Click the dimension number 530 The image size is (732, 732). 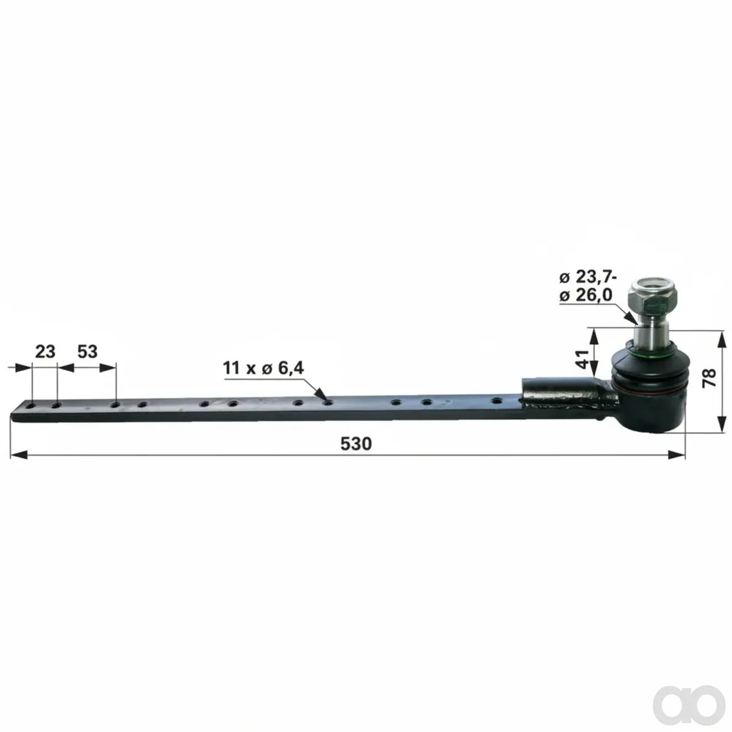[x=356, y=443]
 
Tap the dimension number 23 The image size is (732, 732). [x=45, y=352]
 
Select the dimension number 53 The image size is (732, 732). [x=87, y=352]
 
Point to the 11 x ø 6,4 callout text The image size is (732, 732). [x=264, y=368]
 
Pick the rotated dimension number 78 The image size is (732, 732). [x=709, y=378]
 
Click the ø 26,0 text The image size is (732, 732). [x=586, y=295]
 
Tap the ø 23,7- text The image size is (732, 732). [x=587, y=278]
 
